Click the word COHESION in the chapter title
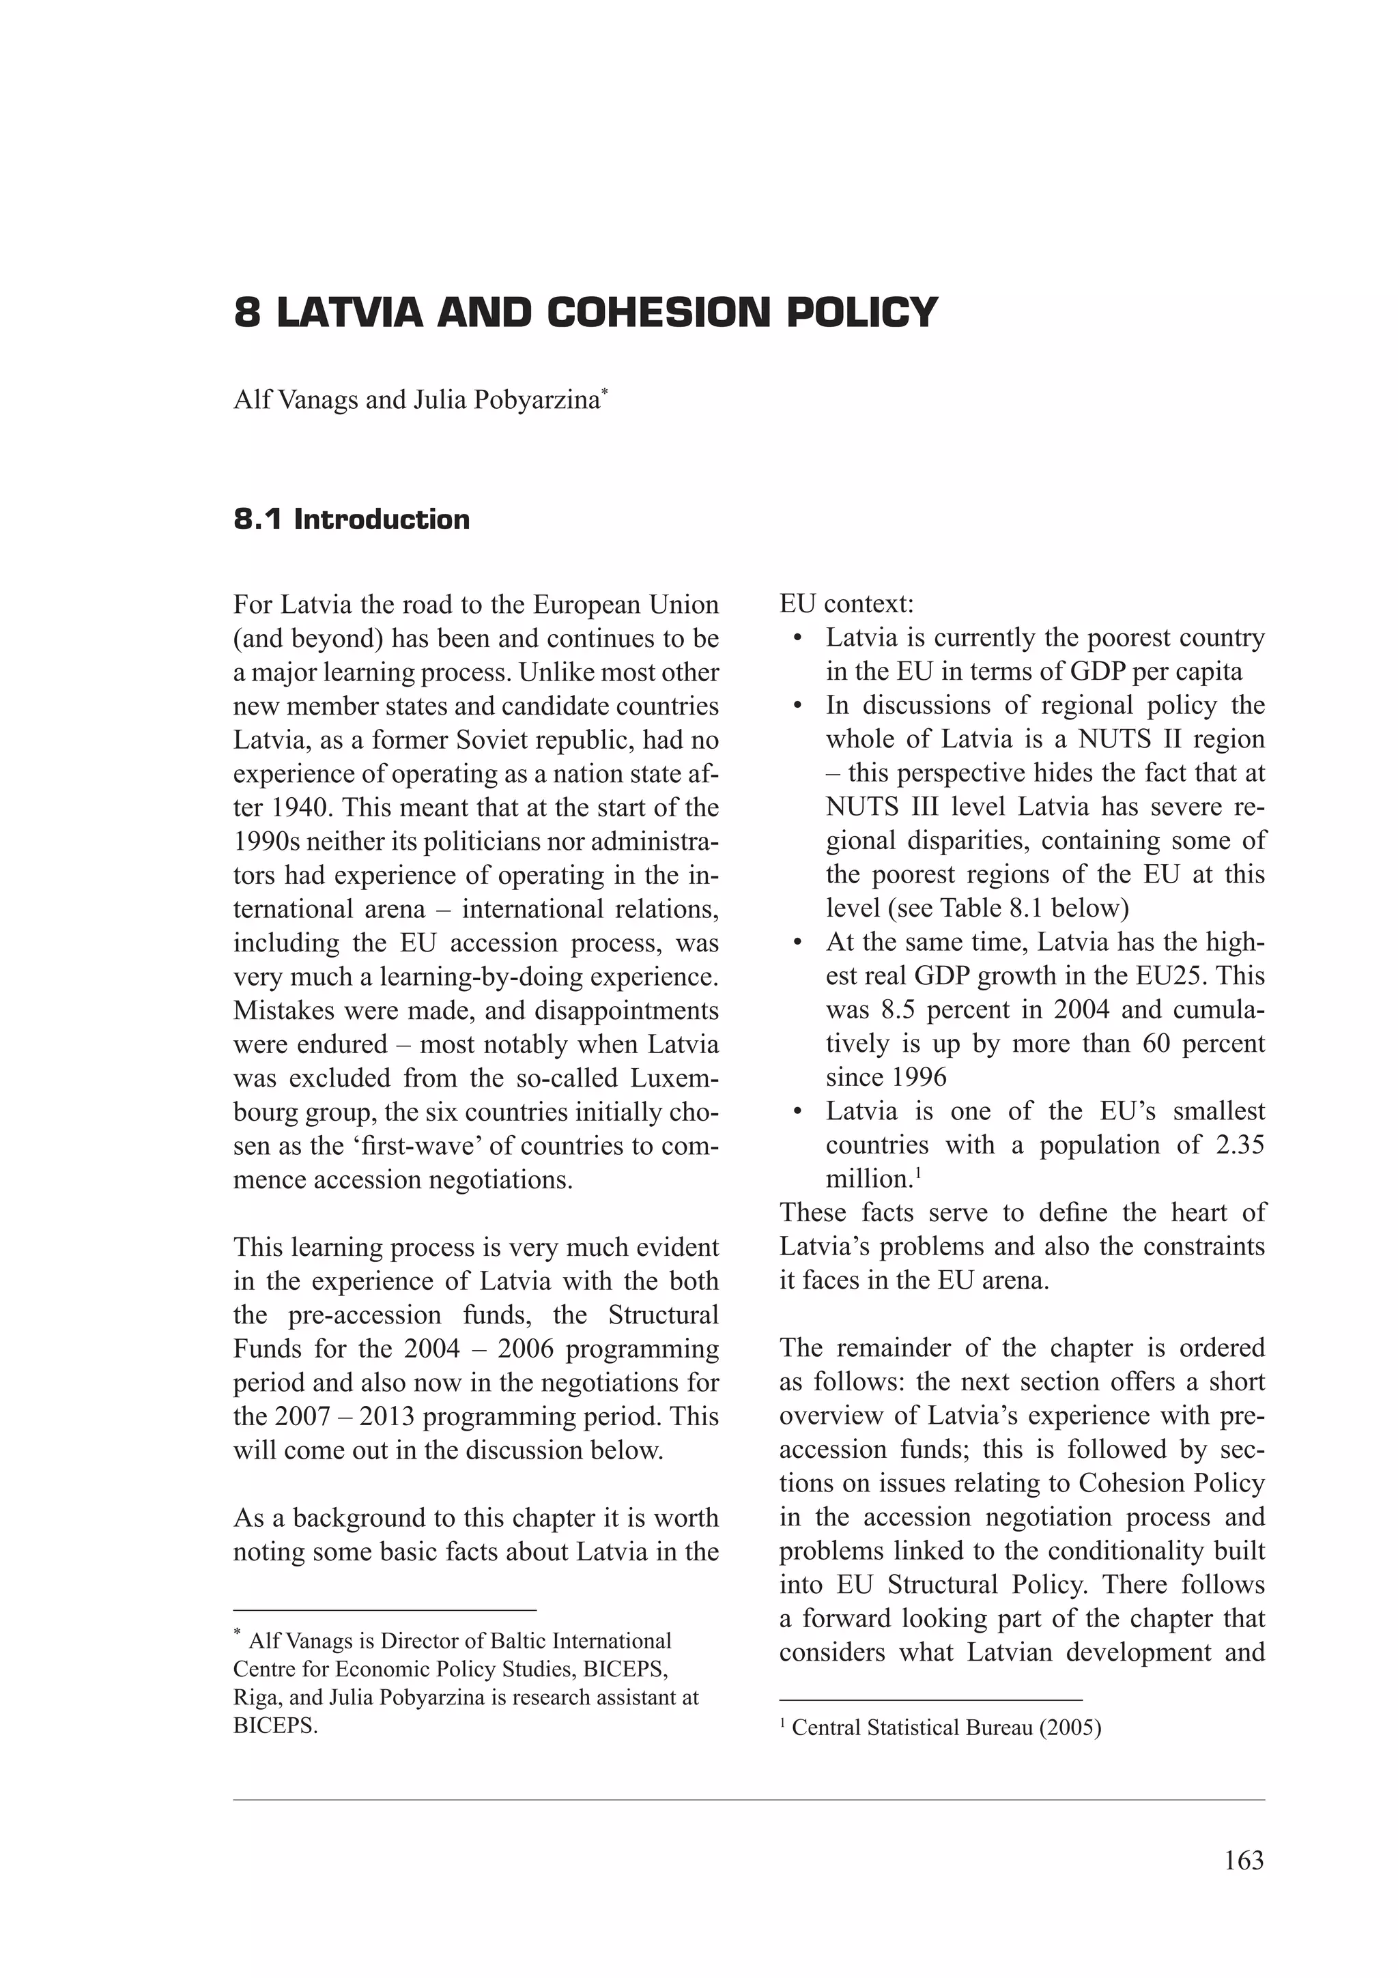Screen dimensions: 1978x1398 tap(659, 313)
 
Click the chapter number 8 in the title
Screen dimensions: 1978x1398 tap(247, 313)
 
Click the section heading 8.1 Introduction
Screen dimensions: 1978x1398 tap(352, 519)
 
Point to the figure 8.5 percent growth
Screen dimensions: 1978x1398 tap(901, 1009)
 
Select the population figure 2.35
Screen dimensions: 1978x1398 tap(1236, 1145)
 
